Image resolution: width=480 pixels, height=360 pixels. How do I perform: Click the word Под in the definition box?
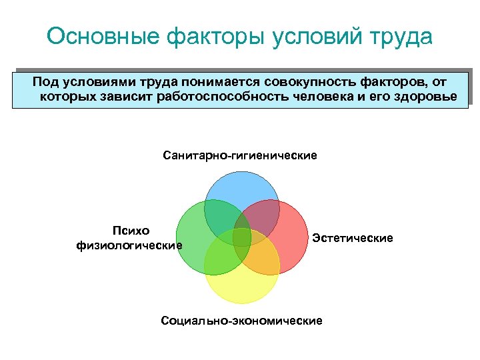click(x=45, y=82)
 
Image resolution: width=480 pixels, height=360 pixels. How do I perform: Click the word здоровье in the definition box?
click(x=425, y=97)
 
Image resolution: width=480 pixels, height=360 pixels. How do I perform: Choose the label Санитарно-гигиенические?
click(x=240, y=155)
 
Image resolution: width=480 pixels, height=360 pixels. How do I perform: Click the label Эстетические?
click(x=353, y=238)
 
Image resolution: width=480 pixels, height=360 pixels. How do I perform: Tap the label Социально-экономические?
click(x=241, y=321)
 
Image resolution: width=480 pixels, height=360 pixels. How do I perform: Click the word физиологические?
click(x=129, y=245)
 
